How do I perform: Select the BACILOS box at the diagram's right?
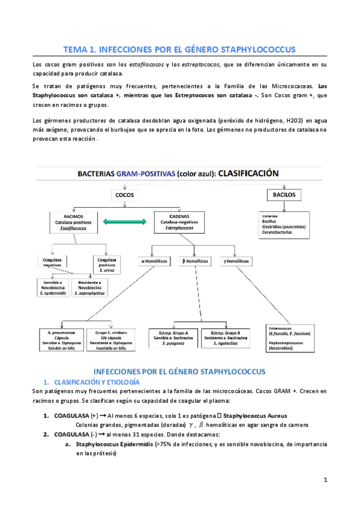coord(286,195)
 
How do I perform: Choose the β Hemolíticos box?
coord(197,261)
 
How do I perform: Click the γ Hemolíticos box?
coord(238,261)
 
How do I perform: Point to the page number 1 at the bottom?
coord(325,480)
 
